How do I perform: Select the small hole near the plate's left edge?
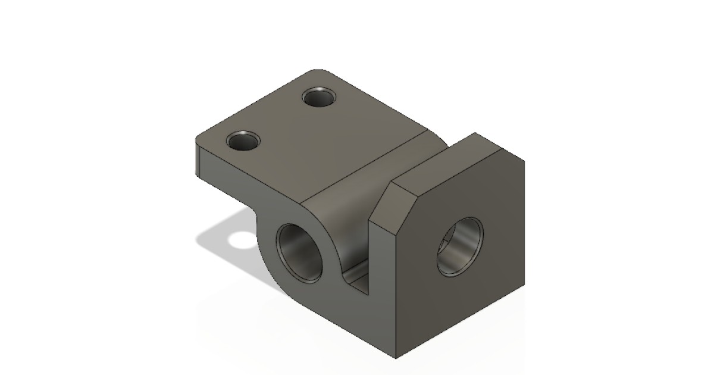243,142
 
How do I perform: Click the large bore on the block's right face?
460,246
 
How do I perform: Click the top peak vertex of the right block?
475,133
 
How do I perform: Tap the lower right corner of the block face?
524,285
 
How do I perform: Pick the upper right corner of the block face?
524,162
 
